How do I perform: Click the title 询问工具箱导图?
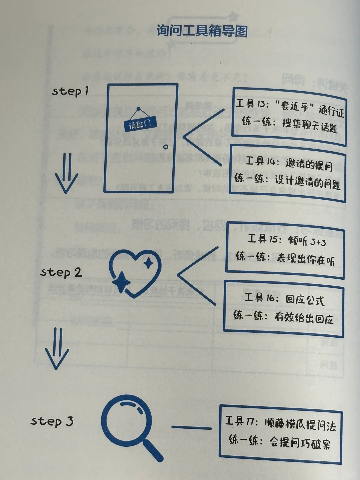pos(202,31)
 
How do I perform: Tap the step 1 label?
pos(70,91)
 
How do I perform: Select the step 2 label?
pos(61,272)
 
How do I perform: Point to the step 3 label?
pos(52,421)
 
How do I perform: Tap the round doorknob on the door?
pos(165,147)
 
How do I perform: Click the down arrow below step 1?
pos(66,173)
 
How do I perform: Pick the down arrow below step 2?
pos(57,348)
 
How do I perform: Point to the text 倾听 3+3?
pos(307,241)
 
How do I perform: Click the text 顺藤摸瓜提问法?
pos(300,425)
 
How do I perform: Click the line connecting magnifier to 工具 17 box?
pos(191,428)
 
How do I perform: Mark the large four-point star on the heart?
pos(121,282)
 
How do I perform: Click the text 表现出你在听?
pos(305,259)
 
